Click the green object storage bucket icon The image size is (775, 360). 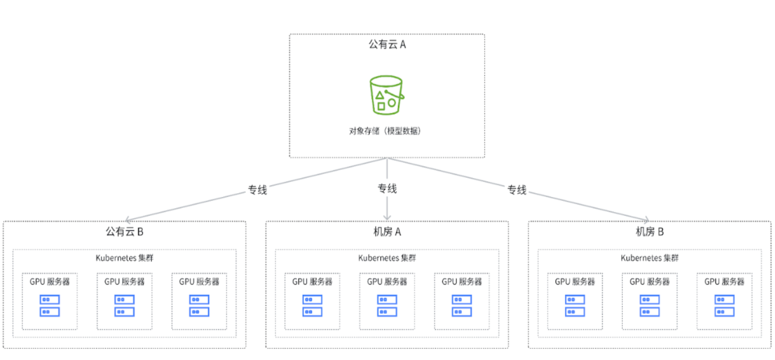[386, 95]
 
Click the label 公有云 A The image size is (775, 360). [387, 45]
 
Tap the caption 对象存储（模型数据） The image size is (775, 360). [385, 131]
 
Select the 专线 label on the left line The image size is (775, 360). [257, 190]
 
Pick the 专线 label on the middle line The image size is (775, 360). [387, 188]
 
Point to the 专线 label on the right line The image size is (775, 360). [517, 190]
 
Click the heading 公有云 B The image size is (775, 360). [124, 232]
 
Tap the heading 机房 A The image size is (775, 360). [387, 232]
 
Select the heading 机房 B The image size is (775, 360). [650, 232]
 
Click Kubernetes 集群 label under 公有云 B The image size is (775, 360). [124, 258]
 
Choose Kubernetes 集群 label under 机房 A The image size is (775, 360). [387, 258]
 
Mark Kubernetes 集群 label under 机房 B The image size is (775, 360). [650, 258]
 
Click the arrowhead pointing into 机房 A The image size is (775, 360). [387, 218]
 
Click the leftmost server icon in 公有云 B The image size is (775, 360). [49, 306]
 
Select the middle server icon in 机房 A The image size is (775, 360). [387, 306]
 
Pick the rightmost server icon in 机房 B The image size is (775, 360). [724, 306]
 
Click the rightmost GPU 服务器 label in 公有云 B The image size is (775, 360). [199, 282]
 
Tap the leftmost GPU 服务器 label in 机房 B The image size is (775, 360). [575, 282]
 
